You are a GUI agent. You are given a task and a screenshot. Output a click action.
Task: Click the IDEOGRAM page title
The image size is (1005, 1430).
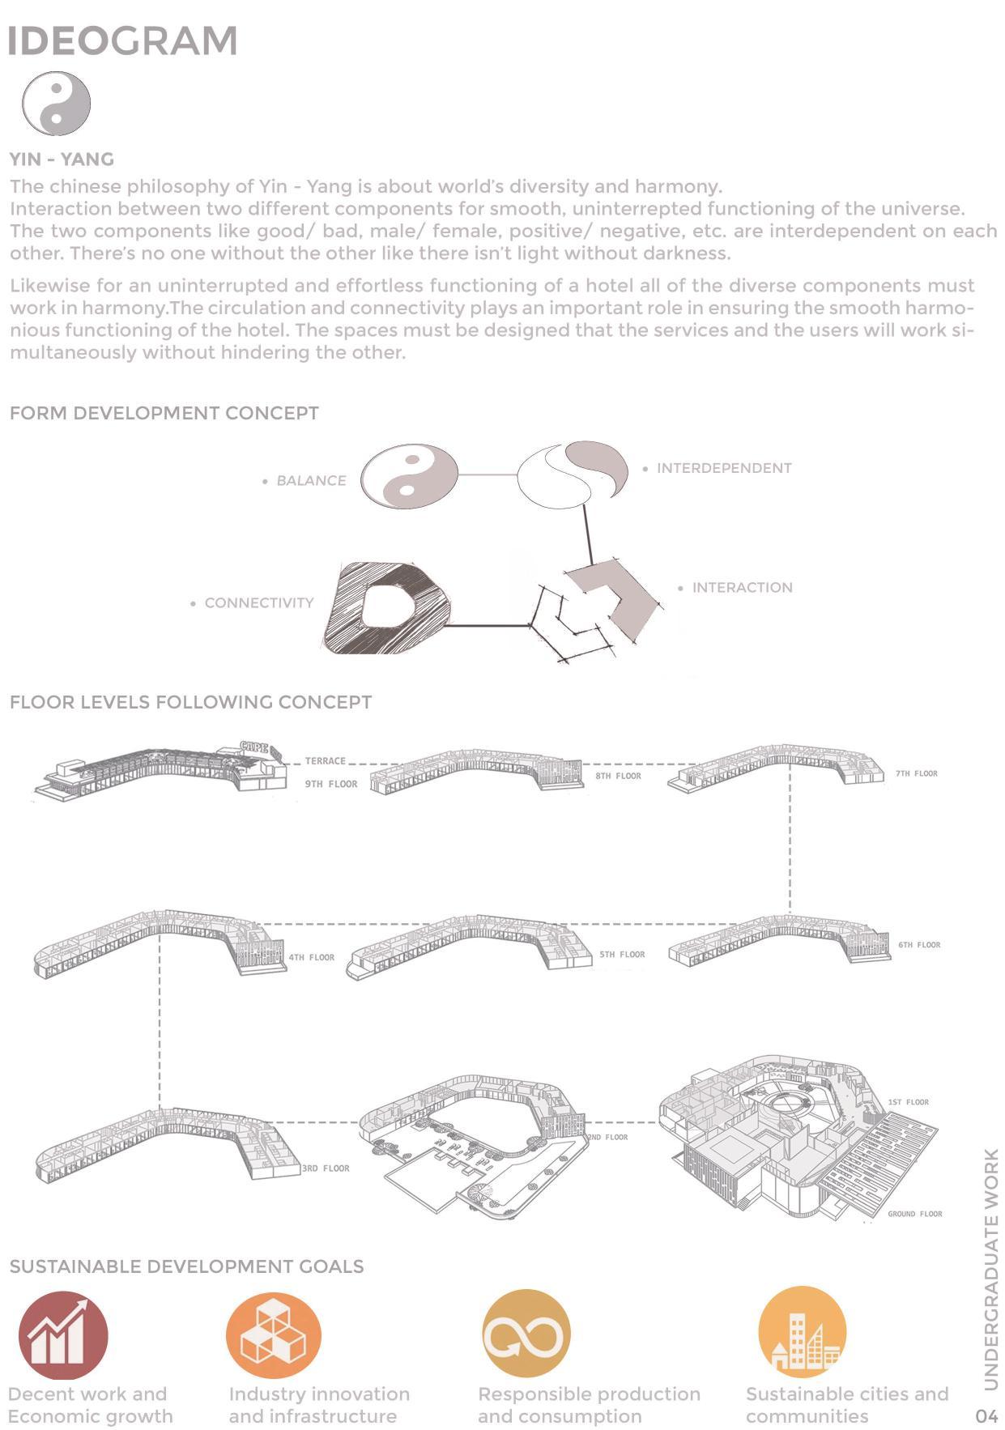pos(122,41)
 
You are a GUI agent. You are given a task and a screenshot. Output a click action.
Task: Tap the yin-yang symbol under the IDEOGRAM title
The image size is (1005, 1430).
pos(56,103)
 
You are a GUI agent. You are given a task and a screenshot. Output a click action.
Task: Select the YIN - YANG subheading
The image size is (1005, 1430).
pos(62,159)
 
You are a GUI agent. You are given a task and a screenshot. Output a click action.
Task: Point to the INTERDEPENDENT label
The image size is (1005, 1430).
pos(723,468)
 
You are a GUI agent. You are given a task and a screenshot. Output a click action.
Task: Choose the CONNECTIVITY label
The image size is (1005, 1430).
pos(258,602)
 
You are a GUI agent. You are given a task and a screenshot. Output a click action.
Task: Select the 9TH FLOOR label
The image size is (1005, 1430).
pos(330,784)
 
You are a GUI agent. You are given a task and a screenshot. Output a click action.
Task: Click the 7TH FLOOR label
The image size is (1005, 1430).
pos(916,773)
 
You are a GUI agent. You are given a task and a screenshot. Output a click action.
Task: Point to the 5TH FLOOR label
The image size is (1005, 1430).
pos(622,954)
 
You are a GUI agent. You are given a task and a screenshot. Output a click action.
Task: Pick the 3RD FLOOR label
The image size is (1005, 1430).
pos(326,1168)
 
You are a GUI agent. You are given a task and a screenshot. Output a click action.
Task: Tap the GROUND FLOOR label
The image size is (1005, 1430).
pos(914,1213)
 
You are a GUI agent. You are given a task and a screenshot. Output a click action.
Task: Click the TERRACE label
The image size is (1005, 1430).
pos(325,761)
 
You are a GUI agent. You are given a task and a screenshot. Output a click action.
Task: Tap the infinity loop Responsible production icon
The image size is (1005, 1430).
pos(526,1333)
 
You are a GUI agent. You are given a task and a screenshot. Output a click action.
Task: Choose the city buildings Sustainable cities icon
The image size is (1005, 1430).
pos(802,1331)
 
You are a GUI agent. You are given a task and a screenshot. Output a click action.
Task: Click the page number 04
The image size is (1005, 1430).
pos(986,1415)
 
